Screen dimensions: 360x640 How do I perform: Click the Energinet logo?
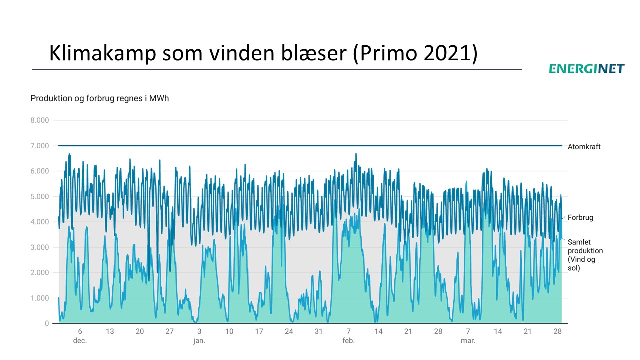[x=587, y=69]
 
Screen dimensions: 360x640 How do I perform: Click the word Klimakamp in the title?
[x=101, y=53]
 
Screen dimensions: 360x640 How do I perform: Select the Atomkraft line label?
[x=584, y=147]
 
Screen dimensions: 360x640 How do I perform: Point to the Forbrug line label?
[x=580, y=218]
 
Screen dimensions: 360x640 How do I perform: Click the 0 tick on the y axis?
[x=47, y=324]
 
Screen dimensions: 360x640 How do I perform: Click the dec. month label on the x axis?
[x=80, y=341]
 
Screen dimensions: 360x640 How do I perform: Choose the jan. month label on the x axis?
[x=199, y=341]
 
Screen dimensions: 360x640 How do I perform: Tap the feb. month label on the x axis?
[x=348, y=341]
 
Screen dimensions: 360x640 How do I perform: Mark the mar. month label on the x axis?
[x=468, y=341]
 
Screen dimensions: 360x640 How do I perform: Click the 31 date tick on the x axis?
[x=319, y=331]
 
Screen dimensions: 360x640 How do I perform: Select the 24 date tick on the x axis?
[x=289, y=331]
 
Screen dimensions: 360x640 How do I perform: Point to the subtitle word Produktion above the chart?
[x=49, y=98]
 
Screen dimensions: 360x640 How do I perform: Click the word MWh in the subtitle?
[x=159, y=98]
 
